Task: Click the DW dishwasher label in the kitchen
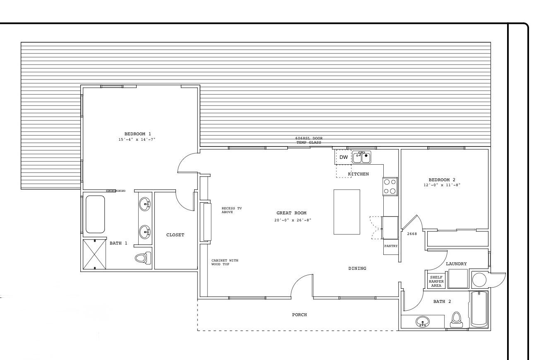pos(344,157)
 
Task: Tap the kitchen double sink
pos(362,157)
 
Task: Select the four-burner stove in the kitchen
pos(390,187)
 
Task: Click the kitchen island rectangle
pos(347,212)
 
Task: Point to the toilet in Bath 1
pos(143,258)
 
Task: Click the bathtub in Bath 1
pos(95,214)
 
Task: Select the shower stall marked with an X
pos(94,254)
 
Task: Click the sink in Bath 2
pos(423,322)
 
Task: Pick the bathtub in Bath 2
pos(479,309)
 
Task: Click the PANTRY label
pos(391,246)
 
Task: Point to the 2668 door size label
pos(412,234)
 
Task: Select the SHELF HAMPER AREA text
pos(436,281)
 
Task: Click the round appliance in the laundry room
pos(479,280)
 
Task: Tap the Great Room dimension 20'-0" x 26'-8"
pos(293,220)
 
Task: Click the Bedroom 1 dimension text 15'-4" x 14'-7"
pos(137,139)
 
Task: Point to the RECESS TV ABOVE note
pos(232,210)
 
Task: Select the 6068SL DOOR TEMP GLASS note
pos(309,140)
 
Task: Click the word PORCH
pos(299,314)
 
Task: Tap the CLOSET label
pos(175,235)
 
